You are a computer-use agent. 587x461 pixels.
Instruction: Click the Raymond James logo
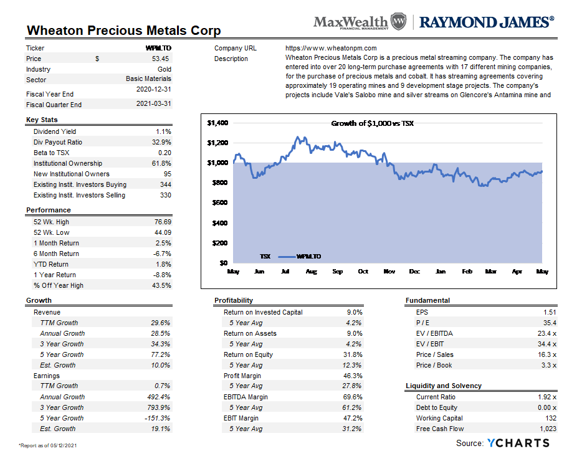tap(486, 22)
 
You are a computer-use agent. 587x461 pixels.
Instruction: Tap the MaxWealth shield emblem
tap(398, 21)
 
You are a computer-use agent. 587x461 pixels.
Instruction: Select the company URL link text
tap(331, 48)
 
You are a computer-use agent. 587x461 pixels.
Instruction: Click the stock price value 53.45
tap(160, 59)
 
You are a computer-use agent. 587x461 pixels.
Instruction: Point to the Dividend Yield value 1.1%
tap(164, 131)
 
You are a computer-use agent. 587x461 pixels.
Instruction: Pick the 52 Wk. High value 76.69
tap(163, 222)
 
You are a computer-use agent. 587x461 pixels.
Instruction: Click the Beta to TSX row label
tap(51, 153)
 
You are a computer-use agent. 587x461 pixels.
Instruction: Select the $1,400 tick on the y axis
tap(217, 123)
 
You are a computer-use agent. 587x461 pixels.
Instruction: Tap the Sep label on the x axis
tap(337, 271)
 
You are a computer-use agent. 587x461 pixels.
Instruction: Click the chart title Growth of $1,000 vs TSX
tap(372, 123)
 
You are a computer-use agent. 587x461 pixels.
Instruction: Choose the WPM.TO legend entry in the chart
tap(300, 256)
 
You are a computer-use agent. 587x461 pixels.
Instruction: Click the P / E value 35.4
tap(550, 323)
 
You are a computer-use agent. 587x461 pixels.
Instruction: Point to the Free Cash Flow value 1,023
tap(548, 429)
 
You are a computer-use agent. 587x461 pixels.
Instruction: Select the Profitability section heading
tap(234, 300)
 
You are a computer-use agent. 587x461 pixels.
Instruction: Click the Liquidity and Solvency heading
tap(444, 386)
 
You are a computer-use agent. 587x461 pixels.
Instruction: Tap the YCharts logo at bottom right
tap(518, 443)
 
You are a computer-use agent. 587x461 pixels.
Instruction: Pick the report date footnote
tap(47, 445)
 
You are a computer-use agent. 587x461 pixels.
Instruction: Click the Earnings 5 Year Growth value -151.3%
tap(157, 418)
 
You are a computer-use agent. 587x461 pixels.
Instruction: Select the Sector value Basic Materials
tap(148, 78)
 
